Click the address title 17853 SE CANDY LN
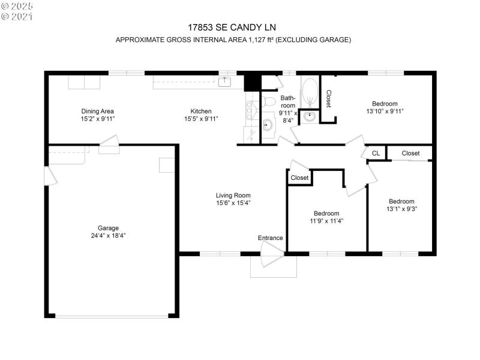tap(233, 28)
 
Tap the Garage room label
tap(108, 228)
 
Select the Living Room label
tap(233, 195)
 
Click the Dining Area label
tap(98, 111)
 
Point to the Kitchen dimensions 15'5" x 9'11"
tap(200, 119)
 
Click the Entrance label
tap(270, 238)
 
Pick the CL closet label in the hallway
tap(376, 154)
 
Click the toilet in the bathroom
tap(268, 100)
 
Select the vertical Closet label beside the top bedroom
tap(328, 99)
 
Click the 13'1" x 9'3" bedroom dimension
tap(401, 209)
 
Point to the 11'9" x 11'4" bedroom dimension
tap(326, 221)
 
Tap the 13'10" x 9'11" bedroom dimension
tap(385, 111)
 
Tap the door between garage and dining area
tap(110, 143)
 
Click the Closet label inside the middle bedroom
tap(299, 178)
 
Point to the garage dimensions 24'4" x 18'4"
tap(108, 236)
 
